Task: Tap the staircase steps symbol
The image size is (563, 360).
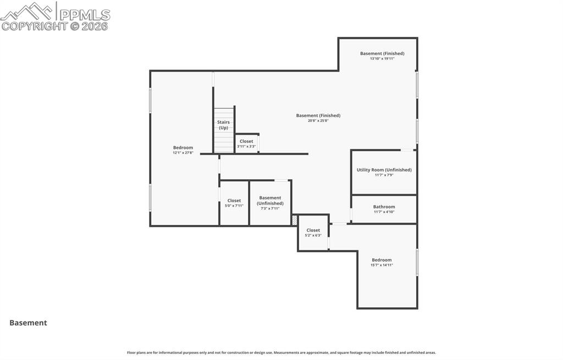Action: [223, 142]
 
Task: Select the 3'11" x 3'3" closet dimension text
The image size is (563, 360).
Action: [246, 147]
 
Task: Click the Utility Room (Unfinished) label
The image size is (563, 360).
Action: [384, 170]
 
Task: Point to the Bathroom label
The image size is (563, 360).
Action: [384, 207]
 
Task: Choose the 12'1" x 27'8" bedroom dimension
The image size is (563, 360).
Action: [183, 153]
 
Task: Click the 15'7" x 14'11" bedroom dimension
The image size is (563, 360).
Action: [382, 265]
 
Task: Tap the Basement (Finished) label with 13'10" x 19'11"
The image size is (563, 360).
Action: [382, 53]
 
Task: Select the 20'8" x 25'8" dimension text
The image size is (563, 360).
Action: [318, 121]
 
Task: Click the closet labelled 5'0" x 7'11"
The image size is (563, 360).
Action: [234, 201]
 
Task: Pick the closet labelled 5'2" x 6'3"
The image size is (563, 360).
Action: [313, 230]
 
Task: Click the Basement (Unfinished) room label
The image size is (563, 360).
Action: [270, 200]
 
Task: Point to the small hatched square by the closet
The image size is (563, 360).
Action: [295, 220]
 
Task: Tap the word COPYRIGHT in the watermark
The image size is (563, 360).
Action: [34, 26]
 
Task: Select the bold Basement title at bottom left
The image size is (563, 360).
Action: [28, 323]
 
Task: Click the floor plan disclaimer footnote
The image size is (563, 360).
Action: [281, 353]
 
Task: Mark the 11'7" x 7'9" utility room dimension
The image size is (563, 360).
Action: [384, 175]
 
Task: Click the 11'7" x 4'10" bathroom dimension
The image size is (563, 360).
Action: [384, 212]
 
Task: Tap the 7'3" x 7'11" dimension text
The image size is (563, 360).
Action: [270, 209]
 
